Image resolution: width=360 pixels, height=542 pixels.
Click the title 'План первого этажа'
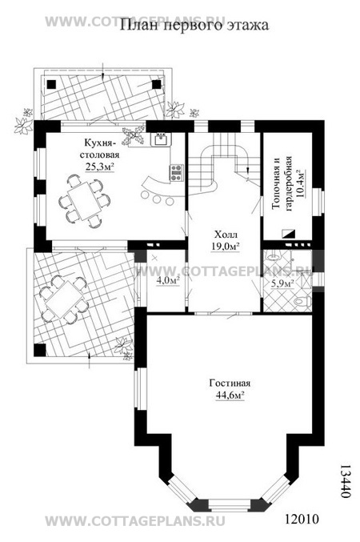coord(194,26)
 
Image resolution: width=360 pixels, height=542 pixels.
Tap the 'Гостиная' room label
coord(230,383)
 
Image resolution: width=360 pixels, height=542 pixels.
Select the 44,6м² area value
coord(230,395)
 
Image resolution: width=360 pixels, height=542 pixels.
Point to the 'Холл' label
coord(226,235)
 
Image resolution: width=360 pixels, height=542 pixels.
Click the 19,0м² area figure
coord(226,247)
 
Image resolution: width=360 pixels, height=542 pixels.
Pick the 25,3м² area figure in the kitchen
coord(100,167)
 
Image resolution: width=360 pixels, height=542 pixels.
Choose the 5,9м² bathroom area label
coord(282,283)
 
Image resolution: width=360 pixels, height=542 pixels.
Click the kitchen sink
coord(160,139)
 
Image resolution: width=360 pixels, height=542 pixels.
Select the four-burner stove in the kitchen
coord(176,172)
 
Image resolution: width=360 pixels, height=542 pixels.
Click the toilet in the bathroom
coord(302,302)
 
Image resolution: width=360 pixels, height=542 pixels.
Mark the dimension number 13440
coord(342,481)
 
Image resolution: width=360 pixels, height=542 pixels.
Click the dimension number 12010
coord(302,519)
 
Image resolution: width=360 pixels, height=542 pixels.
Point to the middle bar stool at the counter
coord(157,199)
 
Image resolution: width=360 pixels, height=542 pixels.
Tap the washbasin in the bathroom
coord(274,256)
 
